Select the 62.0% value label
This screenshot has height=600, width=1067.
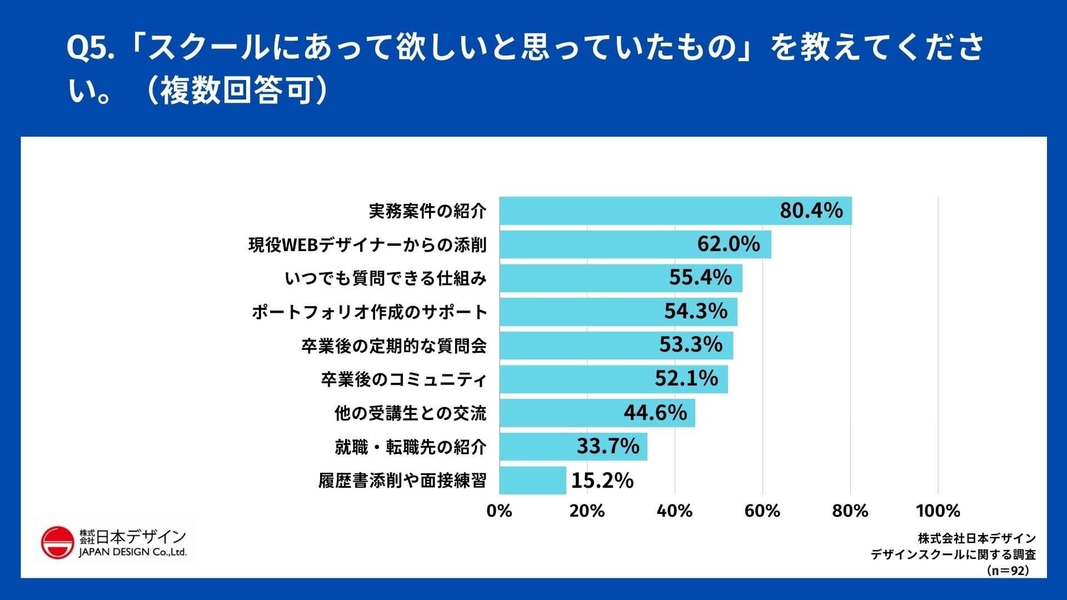(x=728, y=244)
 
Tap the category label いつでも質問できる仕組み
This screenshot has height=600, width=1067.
(x=385, y=278)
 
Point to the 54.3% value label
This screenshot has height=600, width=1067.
(x=696, y=311)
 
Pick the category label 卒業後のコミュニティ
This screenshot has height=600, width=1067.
(x=403, y=379)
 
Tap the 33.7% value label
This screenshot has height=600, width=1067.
(x=608, y=446)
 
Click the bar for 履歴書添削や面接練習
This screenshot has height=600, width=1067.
(x=532, y=480)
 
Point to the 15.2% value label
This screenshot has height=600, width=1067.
(x=602, y=481)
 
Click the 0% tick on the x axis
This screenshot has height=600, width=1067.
(x=499, y=511)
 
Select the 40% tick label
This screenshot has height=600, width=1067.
(x=675, y=511)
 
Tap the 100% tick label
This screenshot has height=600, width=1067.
(x=938, y=511)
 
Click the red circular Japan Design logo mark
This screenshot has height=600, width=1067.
(x=57, y=543)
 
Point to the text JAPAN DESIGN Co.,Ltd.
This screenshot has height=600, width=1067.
(x=133, y=552)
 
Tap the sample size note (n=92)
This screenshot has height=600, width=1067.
(x=1008, y=570)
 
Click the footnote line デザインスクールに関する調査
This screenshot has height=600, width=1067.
(x=953, y=554)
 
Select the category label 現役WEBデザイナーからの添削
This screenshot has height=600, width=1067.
(x=367, y=244)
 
